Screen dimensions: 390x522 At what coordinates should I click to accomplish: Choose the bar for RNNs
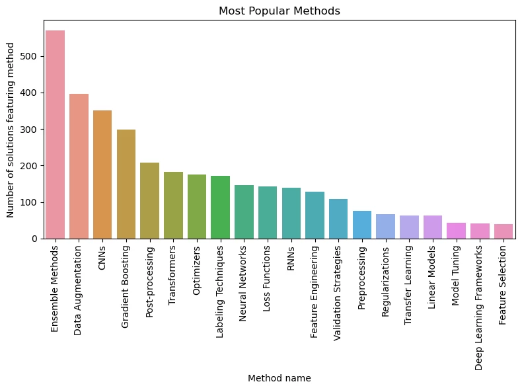tap(291, 213)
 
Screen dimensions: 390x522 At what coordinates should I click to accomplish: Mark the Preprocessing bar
tap(362, 225)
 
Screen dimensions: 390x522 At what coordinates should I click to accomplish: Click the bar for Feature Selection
tap(503, 231)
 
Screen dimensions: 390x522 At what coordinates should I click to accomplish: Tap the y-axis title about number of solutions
tap(11, 130)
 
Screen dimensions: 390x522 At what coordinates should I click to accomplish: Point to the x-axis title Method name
tap(279, 378)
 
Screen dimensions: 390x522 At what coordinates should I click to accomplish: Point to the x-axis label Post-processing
tap(150, 280)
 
